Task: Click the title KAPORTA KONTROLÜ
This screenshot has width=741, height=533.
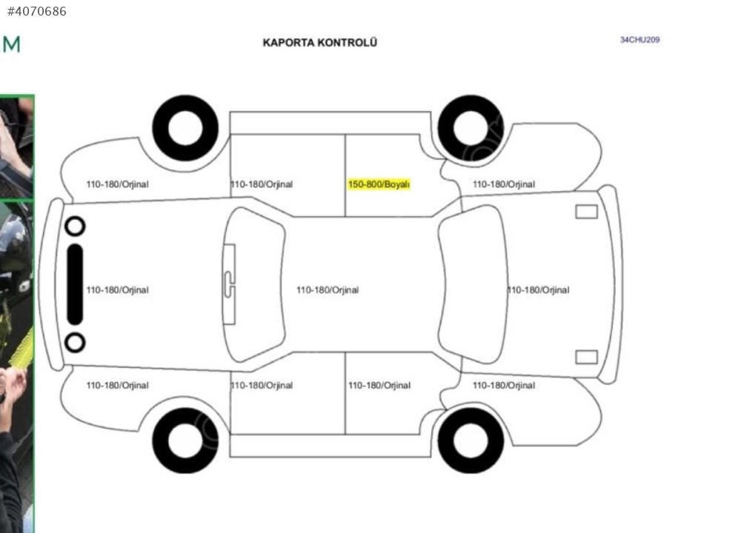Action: (x=320, y=42)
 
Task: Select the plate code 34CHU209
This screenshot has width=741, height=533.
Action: (x=639, y=40)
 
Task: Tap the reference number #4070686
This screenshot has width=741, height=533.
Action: (x=37, y=11)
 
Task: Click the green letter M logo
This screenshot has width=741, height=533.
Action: (x=11, y=44)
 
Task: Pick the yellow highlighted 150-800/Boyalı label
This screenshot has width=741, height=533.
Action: (x=379, y=184)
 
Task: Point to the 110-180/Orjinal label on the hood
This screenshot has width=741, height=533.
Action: (x=117, y=290)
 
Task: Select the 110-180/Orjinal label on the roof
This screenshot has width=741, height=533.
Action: (x=328, y=290)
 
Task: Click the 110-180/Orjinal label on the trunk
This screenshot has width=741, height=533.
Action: (x=538, y=290)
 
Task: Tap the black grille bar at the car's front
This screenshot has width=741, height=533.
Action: (x=75, y=284)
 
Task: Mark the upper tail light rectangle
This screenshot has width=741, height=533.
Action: (x=586, y=212)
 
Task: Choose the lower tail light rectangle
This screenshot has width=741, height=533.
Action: (x=586, y=357)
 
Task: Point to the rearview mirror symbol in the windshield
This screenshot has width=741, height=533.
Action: (x=229, y=284)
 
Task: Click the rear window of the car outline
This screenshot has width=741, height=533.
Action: (x=473, y=284)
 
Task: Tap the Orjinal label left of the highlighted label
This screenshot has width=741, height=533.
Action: (x=262, y=184)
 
